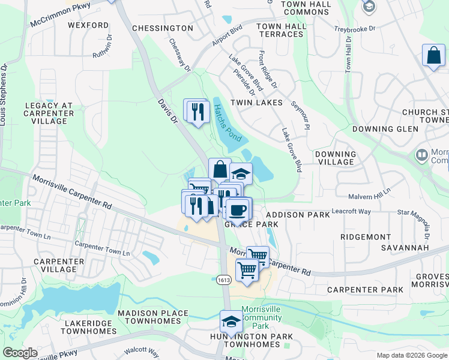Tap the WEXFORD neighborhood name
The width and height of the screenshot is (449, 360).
(88, 26)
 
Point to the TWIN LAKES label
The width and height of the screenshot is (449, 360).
(261, 103)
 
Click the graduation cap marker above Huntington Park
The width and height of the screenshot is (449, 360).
(231, 322)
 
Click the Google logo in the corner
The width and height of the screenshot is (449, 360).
(20, 353)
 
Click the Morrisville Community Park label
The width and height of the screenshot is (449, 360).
(261, 317)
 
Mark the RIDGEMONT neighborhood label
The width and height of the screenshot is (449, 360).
(366, 237)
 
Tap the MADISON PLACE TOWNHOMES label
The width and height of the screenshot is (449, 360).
(149, 317)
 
